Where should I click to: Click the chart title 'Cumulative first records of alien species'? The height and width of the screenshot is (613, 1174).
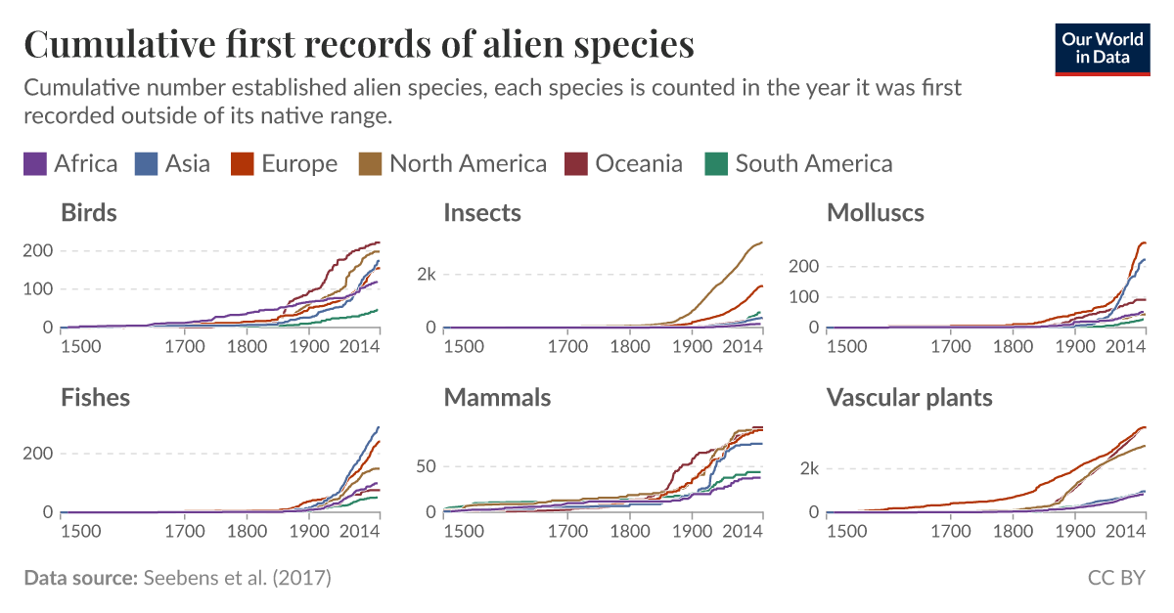pos(358,45)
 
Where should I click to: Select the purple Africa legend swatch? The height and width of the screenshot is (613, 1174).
pos(35,163)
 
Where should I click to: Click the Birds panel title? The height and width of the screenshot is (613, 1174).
pos(89,212)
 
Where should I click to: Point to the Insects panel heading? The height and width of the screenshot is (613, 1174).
pos(482,212)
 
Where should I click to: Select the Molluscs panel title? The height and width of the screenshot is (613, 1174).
pos(875,212)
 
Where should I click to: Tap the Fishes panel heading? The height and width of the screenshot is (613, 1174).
pos(95,397)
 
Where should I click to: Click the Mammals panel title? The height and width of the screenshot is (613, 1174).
pos(497,397)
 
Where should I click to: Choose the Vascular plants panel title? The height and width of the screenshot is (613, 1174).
pos(909,397)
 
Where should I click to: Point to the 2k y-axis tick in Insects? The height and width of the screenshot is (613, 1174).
pos(424,274)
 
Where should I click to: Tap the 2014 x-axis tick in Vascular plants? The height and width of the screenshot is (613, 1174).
pos(1125,531)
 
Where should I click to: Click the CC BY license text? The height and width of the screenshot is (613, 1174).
pos(1116,578)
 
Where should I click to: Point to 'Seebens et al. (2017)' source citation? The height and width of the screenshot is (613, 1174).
pos(238,578)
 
